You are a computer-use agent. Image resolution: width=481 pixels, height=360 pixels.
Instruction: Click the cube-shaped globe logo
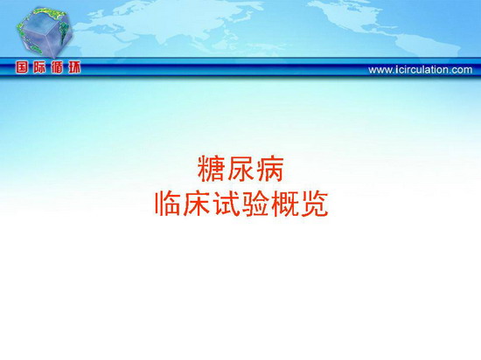click(x=45, y=32)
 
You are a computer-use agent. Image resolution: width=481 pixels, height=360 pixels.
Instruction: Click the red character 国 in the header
click(x=22, y=67)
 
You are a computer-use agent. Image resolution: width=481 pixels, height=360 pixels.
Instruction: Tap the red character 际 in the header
click(x=39, y=67)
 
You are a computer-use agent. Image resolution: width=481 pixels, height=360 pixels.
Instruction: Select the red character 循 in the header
click(x=57, y=67)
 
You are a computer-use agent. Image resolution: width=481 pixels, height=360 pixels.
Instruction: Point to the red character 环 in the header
click(x=74, y=67)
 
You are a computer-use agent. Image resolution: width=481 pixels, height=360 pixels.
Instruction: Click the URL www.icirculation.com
click(x=421, y=70)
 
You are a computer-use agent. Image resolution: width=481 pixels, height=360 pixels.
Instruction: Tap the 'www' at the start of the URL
click(x=380, y=71)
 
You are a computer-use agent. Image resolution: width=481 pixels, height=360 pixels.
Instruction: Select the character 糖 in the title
click(x=211, y=169)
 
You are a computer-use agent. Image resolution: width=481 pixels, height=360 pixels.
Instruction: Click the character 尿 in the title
click(x=240, y=169)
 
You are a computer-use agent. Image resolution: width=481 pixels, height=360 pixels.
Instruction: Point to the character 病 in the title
click(x=270, y=169)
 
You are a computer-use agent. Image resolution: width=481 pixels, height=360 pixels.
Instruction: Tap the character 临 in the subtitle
click(x=168, y=204)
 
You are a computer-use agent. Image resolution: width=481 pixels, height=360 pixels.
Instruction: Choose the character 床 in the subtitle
click(x=197, y=204)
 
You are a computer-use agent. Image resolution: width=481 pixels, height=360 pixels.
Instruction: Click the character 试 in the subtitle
click(x=227, y=204)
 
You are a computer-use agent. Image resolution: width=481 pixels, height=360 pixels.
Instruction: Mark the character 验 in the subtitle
click(x=256, y=204)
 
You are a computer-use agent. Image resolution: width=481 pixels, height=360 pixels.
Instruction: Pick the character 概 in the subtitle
click(x=286, y=204)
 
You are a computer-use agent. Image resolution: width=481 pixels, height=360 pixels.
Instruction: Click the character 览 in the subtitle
click(x=316, y=204)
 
